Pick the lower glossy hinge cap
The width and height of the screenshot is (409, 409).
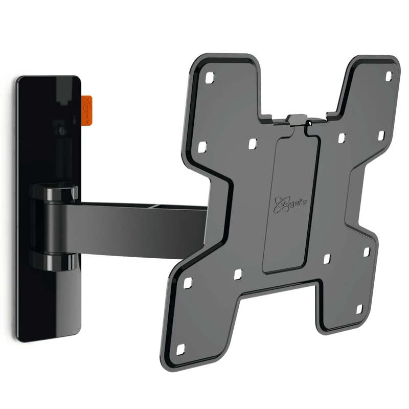click(56, 261)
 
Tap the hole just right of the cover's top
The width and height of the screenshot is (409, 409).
click(340, 138)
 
